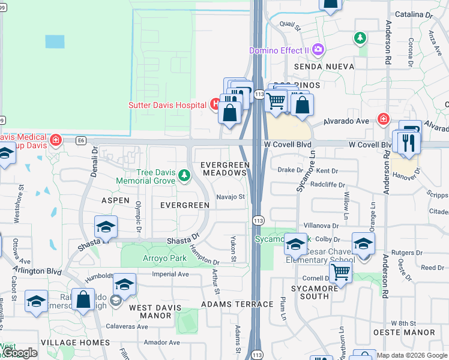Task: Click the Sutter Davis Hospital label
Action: tap(167, 105)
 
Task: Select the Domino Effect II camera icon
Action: tap(319, 50)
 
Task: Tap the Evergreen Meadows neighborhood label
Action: tap(224, 169)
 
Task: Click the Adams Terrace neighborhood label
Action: tap(237, 304)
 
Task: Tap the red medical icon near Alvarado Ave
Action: tap(382, 119)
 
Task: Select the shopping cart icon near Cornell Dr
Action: tap(340, 272)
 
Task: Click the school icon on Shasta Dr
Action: tap(106, 227)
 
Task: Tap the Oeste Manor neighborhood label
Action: tap(412, 332)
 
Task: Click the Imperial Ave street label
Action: tap(170, 274)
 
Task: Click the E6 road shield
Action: tap(81, 141)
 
